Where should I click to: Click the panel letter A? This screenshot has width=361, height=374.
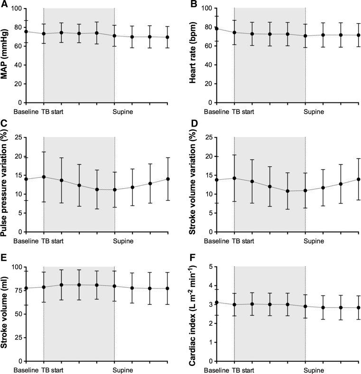coord(4,4)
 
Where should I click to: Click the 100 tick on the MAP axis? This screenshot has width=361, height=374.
coord(17,9)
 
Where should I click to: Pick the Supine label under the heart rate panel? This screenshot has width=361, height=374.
coord(314,112)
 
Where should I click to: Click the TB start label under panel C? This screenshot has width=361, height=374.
coord(53,242)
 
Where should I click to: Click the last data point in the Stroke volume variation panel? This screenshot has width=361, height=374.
coord(358,179)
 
